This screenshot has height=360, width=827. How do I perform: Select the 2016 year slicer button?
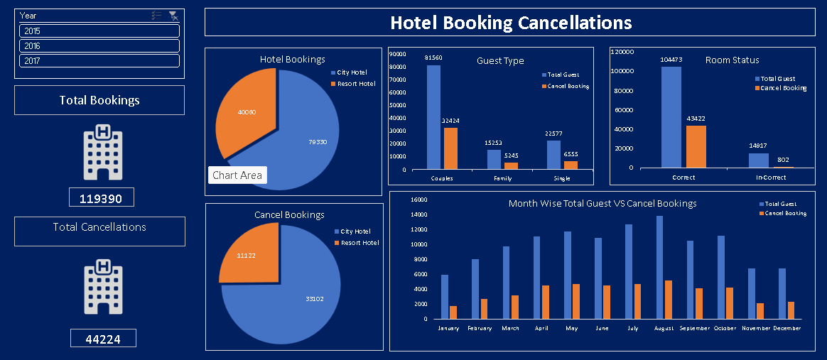(x=99, y=46)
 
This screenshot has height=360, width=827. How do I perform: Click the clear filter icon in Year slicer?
(x=173, y=16)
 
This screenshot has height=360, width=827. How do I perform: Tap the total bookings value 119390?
(x=101, y=199)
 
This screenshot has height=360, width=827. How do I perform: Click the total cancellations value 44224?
(x=102, y=339)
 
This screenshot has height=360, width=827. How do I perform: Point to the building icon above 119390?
(x=102, y=152)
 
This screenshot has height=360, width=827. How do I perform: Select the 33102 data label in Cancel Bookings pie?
(x=314, y=299)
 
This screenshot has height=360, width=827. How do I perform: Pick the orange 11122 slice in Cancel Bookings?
(x=247, y=254)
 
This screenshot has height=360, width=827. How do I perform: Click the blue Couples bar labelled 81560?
(x=433, y=117)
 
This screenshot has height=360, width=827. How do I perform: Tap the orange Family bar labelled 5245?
(x=511, y=166)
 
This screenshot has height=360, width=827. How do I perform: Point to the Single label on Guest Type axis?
(x=562, y=178)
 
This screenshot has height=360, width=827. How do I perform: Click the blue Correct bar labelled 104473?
(x=671, y=117)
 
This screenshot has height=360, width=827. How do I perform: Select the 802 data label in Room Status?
(x=782, y=160)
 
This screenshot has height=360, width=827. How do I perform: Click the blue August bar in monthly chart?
(x=659, y=268)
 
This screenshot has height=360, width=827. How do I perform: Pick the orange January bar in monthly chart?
(x=453, y=312)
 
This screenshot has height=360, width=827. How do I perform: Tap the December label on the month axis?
(x=786, y=329)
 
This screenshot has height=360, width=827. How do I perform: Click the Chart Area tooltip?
(x=237, y=175)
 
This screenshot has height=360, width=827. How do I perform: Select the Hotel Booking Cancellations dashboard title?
(x=510, y=23)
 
